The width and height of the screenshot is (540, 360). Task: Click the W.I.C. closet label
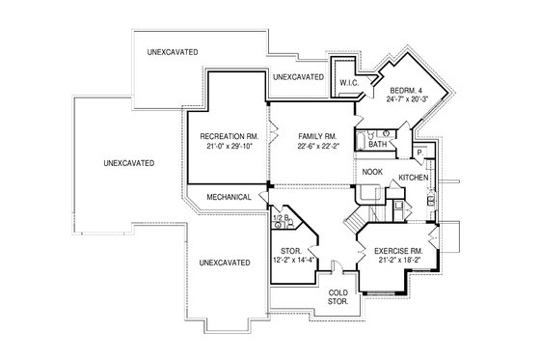coord(347,83)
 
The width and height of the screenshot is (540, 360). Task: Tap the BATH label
coord(377,145)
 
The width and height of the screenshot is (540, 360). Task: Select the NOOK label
coord(372,173)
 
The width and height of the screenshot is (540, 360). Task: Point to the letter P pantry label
coord(420,153)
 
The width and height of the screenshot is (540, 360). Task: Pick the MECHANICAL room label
coord(229,197)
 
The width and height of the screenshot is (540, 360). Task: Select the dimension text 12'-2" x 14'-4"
coord(288,261)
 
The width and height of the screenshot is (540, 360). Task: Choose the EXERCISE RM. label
coord(396,251)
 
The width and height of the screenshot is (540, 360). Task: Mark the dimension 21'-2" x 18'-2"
coord(396,261)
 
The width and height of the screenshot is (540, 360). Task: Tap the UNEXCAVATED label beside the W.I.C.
coord(298,76)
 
